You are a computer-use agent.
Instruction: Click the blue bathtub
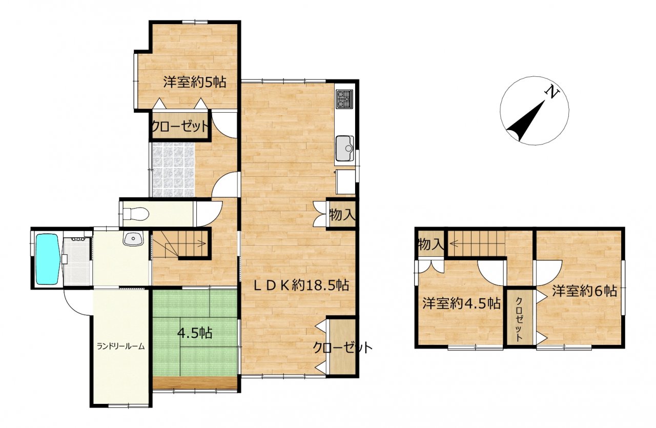48,259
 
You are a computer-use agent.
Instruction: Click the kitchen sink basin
345,148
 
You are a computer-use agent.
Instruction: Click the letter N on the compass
551,93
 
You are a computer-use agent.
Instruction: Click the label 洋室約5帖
195,82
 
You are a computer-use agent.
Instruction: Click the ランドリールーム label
121,347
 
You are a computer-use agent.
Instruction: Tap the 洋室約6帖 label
585,292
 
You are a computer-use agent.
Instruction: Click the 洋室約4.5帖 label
461,303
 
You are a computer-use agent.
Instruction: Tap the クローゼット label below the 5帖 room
180,127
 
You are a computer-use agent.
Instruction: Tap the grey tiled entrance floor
173,170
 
